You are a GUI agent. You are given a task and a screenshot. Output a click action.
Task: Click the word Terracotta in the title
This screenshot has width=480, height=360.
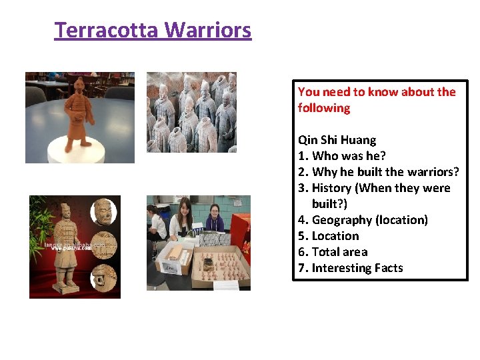[107, 30]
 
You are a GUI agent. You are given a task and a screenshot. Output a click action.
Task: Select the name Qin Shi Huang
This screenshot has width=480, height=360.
[337, 140]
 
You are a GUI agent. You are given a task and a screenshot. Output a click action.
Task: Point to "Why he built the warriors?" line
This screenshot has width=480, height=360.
[379, 172]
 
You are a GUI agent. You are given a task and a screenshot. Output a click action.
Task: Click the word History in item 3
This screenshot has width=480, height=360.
[333, 188]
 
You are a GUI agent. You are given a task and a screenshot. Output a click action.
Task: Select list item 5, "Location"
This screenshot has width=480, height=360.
[335, 236]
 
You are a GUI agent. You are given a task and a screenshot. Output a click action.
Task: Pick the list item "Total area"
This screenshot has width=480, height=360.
[339, 252]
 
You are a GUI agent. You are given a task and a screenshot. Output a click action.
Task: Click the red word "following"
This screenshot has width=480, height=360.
[324, 108]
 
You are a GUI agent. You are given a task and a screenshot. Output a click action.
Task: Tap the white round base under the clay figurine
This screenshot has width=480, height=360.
[80, 150]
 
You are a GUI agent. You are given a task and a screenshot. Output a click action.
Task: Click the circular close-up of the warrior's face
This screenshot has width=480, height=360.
[102, 212]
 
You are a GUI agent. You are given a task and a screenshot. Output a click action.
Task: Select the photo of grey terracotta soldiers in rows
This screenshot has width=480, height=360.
[191, 112]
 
